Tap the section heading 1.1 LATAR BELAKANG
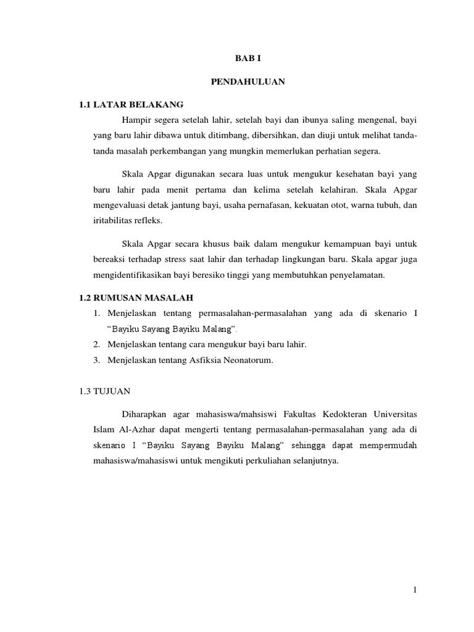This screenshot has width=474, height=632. [131, 104]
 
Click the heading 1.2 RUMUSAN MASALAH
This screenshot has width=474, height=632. [141, 297]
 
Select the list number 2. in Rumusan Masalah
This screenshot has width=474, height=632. [98, 344]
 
